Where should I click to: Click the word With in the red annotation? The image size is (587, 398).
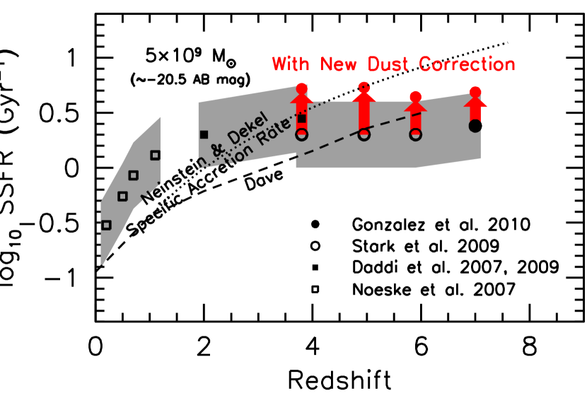[291, 64]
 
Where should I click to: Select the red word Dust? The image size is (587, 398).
[390, 64]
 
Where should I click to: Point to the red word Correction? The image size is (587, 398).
[467, 64]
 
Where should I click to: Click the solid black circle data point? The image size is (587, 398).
[475, 126]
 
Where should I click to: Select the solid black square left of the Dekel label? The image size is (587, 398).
[204, 134]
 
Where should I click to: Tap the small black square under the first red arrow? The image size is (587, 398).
[302, 119]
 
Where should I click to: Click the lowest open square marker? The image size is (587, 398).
[106, 225]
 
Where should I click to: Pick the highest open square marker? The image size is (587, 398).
[155, 155]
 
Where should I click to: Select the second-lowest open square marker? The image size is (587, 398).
[122, 196]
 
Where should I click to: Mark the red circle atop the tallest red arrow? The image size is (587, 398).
[364, 87]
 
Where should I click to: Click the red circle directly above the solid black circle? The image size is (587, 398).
[475, 92]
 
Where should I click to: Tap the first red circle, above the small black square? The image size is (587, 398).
[302, 88]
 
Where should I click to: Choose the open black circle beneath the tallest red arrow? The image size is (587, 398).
[364, 134]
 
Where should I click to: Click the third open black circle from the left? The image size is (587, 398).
[416, 134]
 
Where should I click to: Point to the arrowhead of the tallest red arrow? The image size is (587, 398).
[364, 98]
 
